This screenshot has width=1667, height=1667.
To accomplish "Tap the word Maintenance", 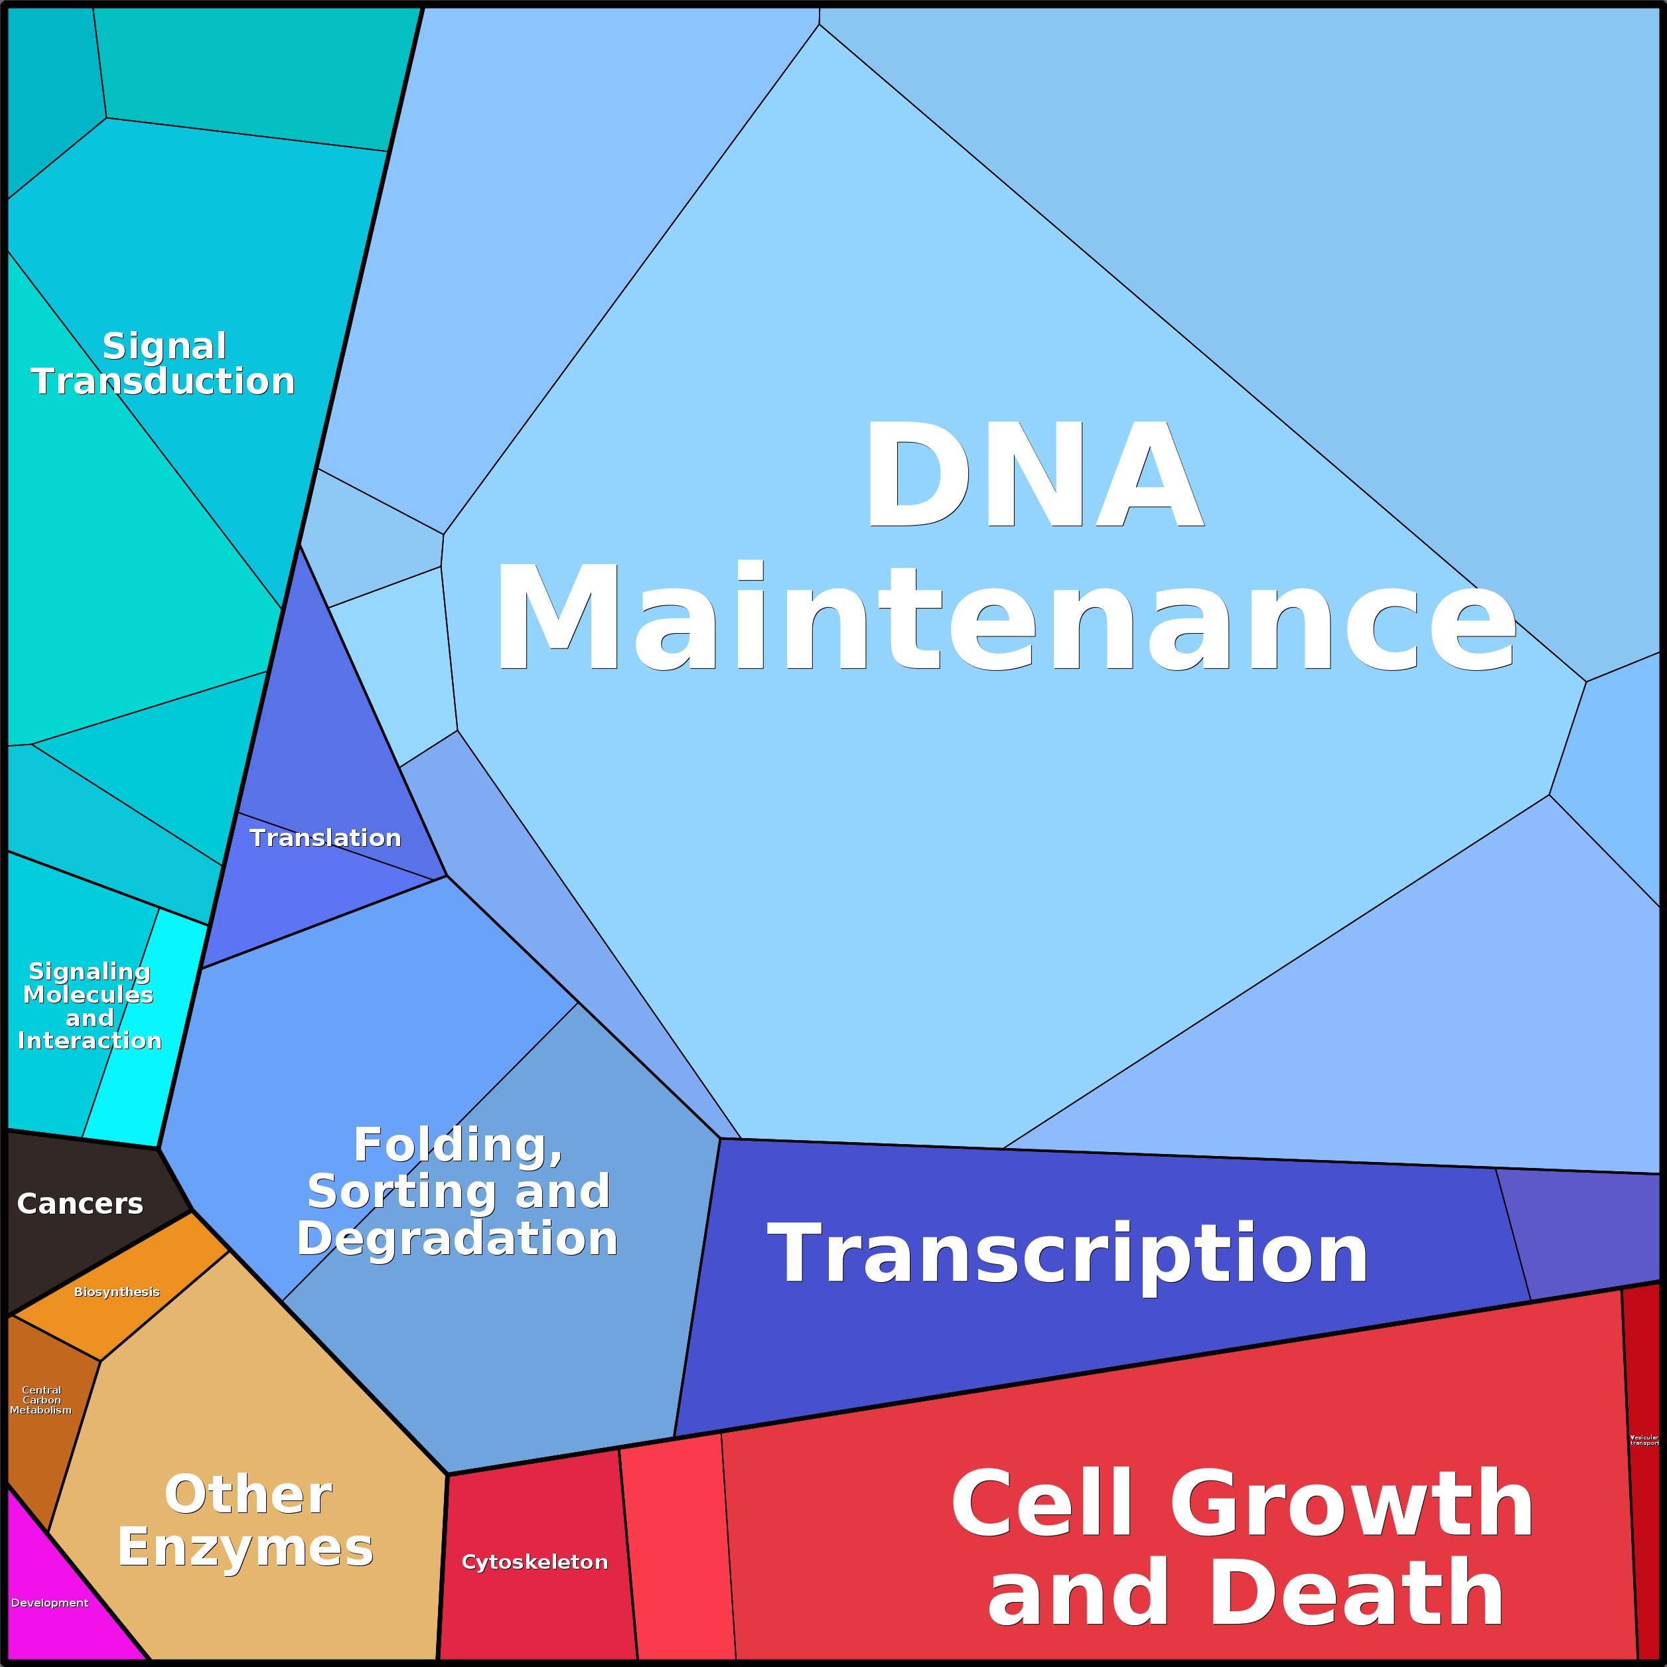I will [1005, 616].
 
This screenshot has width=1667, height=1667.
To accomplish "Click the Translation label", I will [325, 838].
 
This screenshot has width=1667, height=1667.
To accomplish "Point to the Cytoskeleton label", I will [534, 1561].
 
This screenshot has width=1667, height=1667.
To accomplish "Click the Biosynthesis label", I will [117, 1291].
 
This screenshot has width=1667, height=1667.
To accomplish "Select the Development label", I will [49, 1602].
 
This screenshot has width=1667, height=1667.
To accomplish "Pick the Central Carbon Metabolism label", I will [40, 1400].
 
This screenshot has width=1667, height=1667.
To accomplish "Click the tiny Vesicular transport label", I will [1644, 1440].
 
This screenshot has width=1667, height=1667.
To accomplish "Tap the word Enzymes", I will [246, 1547].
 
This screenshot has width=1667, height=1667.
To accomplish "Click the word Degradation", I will [457, 1238].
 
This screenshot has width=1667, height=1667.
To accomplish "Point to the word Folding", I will [457, 1145].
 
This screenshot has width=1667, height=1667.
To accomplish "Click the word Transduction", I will [163, 382].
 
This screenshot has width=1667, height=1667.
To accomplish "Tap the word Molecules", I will [88, 994].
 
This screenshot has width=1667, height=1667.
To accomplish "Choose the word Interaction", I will [90, 1041].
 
